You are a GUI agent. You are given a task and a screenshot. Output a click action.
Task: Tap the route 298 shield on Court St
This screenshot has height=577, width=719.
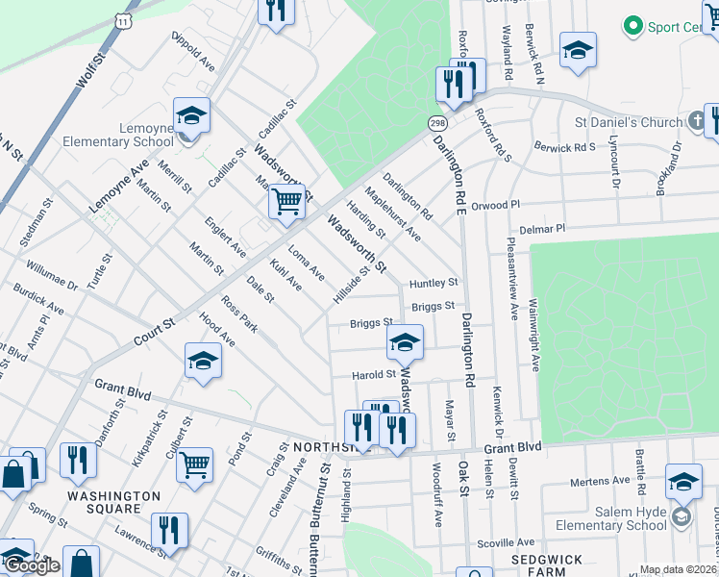437,124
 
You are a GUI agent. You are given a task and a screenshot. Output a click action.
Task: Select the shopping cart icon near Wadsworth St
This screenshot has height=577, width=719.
286,202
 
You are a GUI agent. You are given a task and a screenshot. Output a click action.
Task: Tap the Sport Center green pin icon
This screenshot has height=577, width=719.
632,24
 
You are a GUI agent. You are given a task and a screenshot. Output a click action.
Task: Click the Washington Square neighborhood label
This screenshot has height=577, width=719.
113,496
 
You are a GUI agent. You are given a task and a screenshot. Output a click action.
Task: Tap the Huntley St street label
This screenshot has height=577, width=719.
434,283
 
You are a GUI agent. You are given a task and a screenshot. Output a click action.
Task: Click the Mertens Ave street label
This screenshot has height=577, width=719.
598,481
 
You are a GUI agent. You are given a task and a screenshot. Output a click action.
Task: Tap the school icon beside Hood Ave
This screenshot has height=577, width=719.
204,361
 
